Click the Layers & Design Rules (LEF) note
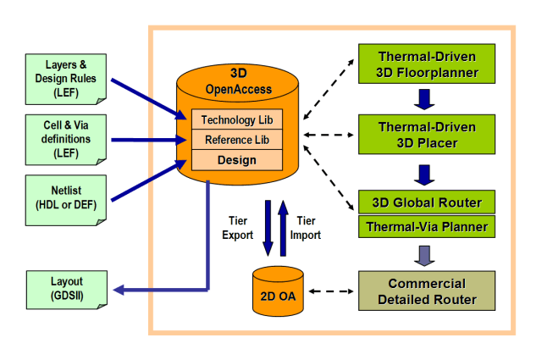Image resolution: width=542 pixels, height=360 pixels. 66,79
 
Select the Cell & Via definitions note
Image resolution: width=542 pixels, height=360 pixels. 66,140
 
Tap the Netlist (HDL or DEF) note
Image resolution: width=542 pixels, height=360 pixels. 66,200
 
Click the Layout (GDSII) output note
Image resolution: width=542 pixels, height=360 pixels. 67,290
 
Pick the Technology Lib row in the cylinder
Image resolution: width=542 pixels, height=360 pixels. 237,119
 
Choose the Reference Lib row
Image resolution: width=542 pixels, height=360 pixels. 237,140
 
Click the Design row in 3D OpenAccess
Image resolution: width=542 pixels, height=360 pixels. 237,160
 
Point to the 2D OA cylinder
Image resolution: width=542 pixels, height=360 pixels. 278,291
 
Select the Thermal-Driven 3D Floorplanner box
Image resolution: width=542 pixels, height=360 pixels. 427,64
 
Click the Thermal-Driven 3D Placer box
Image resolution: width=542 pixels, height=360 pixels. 427,135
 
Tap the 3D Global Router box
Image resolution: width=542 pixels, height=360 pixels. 427,202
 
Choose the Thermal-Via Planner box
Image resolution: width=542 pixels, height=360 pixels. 427,226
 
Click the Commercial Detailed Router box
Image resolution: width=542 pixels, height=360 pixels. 427,291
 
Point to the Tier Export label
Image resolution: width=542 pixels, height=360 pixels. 237,228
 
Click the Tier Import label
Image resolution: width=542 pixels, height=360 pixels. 306,228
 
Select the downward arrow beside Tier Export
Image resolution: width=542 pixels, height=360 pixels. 268,228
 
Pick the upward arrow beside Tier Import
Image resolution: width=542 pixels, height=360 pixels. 283,228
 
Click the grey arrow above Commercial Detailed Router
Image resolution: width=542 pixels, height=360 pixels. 424,256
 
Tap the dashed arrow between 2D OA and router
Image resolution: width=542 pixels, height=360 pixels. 331,291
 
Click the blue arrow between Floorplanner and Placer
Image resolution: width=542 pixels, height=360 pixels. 424,100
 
